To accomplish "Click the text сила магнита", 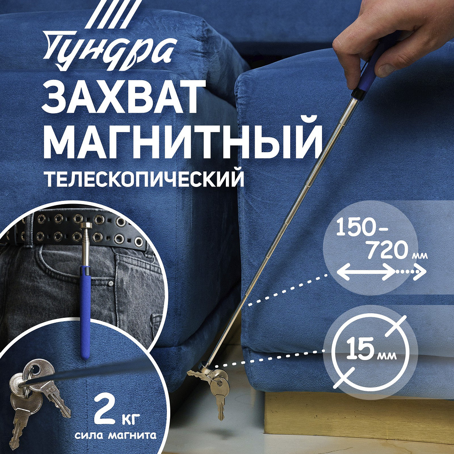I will (116, 435).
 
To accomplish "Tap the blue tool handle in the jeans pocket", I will (86, 310).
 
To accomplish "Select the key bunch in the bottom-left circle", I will (34, 393).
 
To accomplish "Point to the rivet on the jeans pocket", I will (110, 283).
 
